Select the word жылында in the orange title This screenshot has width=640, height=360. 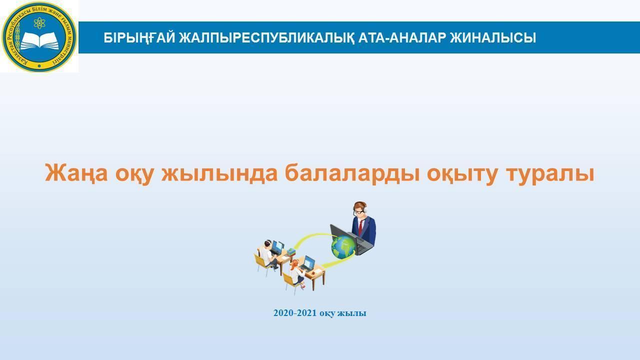pyautogui.click(x=219, y=173)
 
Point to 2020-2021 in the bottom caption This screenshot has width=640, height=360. pyautogui.click(x=295, y=313)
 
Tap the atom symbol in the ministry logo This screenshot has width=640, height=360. pyautogui.click(x=39, y=23)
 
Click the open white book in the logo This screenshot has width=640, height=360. pyautogui.click(x=39, y=41)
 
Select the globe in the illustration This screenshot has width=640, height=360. pyautogui.click(x=343, y=247)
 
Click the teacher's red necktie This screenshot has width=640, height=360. pyautogui.click(x=360, y=226)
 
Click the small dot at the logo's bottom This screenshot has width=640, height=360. pyautogui.click(x=39, y=66)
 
